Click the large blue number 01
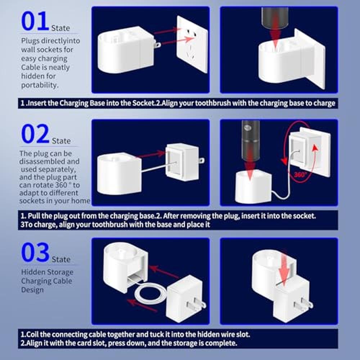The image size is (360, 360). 35,21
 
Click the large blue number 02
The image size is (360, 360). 35,134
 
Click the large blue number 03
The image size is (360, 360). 35,252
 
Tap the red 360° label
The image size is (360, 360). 300,175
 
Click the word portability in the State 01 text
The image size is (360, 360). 40,85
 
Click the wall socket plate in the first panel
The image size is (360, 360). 192,44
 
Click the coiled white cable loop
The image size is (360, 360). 151,293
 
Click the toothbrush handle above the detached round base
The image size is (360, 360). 251,140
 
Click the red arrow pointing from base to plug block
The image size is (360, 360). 151,154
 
